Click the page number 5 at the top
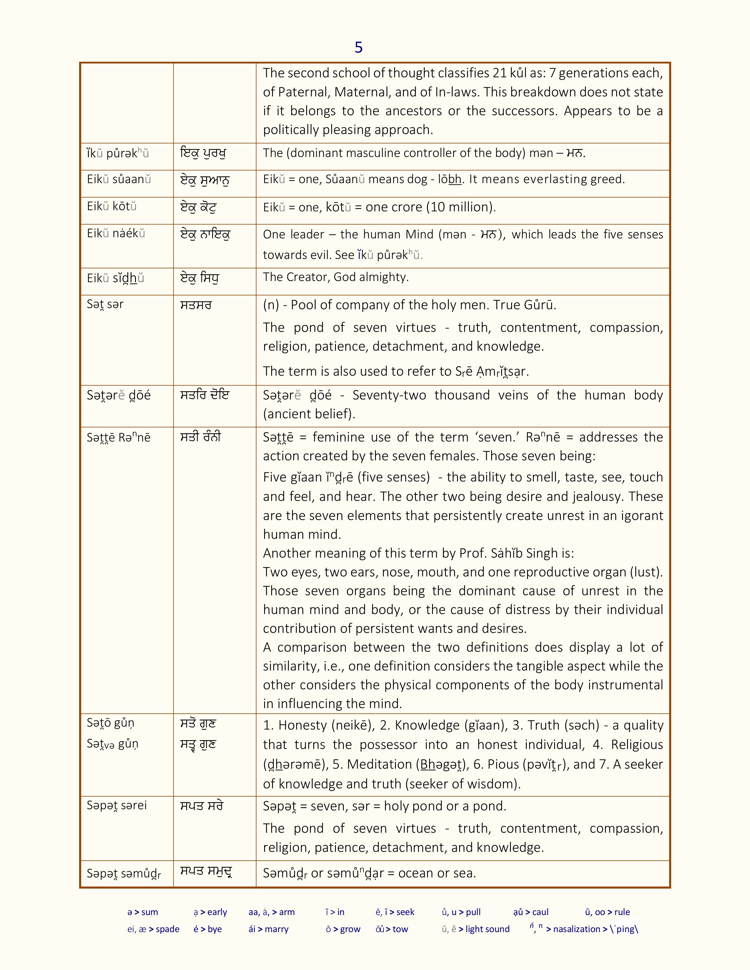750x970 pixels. click(359, 48)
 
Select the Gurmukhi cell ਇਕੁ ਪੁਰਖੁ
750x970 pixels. click(203, 154)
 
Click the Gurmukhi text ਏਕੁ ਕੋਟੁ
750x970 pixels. click(199, 208)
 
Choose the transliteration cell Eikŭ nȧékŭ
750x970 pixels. click(116, 234)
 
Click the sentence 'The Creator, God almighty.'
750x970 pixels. click(336, 277)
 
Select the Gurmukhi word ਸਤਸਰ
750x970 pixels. click(196, 305)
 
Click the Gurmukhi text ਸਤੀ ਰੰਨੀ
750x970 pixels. click(200, 437)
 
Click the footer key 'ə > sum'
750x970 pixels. click(143, 912)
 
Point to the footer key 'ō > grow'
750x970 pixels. click(343, 929)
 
